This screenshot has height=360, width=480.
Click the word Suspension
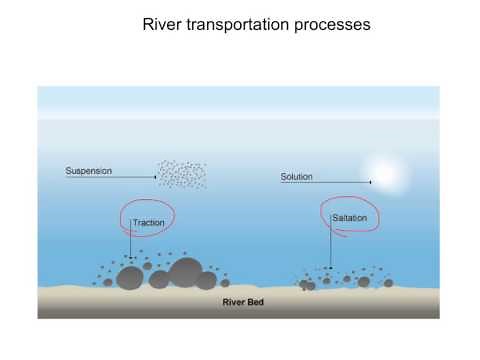pyautogui.click(x=89, y=170)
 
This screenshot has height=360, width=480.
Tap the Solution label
pyautogui.click(x=297, y=177)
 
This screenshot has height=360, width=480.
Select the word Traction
pyautogui.click(x=148, y=223)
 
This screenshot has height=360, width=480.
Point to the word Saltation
pyautogui.click(x=350, y=217)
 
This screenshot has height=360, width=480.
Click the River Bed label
pyautogui.click(x=241, y=300)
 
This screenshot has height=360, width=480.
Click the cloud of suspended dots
pyautogui.click(x=181, y=174)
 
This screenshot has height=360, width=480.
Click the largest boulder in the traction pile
pyautogui.click(x=186, y=272)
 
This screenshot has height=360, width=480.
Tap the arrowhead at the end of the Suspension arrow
pyautogui.click(x=154, y=178)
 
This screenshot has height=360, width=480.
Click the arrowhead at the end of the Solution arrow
pyautogui.click(x=371, y=183)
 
